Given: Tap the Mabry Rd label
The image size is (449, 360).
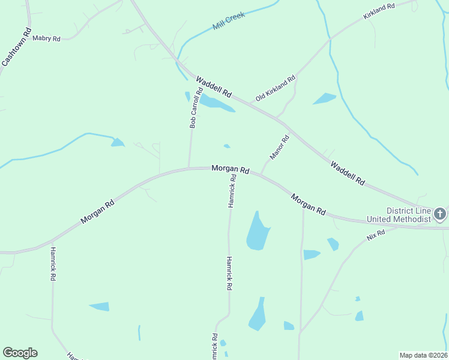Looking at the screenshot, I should tap(47, 38).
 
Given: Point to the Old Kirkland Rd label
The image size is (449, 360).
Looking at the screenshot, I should tap(276, 88).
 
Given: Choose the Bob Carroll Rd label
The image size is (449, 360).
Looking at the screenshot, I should tap(193, 109).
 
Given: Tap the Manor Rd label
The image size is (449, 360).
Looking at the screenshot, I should tap(280, 148).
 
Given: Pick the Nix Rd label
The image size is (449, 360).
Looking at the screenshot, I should tap(376, 233).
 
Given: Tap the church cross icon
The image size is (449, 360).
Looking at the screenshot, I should tap(440, 214).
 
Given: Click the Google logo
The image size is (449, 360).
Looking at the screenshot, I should tap(20, 353).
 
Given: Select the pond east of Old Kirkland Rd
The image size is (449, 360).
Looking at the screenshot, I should tap(324, 98).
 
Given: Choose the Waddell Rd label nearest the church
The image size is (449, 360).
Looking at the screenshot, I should tap(347, 172).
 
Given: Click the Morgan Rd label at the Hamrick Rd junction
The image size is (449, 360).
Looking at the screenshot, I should tap(230, 169).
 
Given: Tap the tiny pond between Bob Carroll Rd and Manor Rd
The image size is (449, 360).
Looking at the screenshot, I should tap(227, 146).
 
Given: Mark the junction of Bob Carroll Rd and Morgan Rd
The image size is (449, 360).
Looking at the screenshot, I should tap(189, 168).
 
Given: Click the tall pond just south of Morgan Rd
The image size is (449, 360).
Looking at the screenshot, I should tap(258, 232).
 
